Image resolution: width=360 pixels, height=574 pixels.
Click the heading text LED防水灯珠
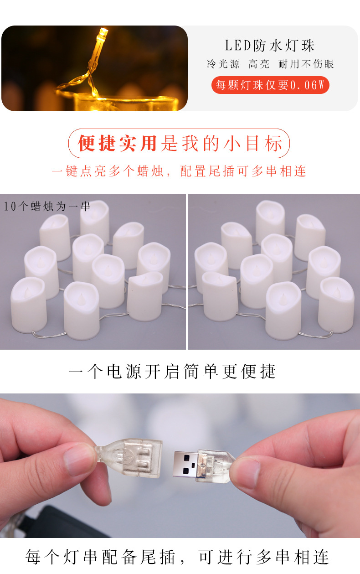click(x=270, y=46)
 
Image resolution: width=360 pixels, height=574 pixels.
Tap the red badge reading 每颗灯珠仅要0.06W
click(x=270, y=85)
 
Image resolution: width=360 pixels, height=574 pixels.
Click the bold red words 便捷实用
click(x=118, y=144)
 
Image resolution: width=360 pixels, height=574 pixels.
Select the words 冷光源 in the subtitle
click(x=223, y=64)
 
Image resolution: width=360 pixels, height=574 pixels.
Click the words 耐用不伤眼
click(x=306, y=64)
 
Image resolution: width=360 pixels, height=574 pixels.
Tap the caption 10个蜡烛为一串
click(x=47, y=207)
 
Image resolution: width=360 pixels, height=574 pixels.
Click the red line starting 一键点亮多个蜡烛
click(x=179, y=171)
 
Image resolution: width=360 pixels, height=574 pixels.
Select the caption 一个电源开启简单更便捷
click(x=173, y=372)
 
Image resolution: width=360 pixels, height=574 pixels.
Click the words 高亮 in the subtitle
click(x=259, y=64)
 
